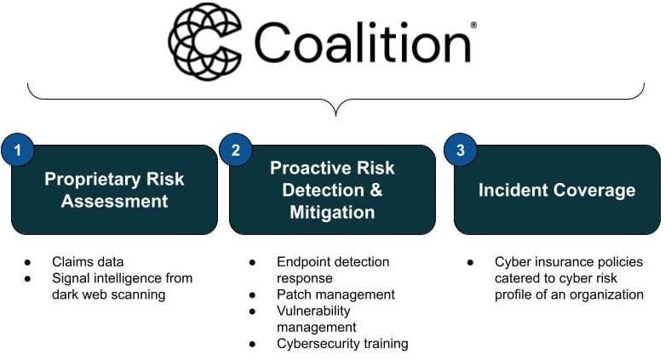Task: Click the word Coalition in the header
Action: click(363, 43)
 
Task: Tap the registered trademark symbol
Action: click(473, 25)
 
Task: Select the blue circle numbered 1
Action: click(17, 150)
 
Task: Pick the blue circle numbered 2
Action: click(236, 150)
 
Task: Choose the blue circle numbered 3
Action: click(461, 150)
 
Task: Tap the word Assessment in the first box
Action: click(114, 201)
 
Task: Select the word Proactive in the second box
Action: click(311, 168)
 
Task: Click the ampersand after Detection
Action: click(376, 190)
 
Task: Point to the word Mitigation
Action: click(332, 212)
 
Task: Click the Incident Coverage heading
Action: click(557, 190)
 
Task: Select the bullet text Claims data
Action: click(88, 261)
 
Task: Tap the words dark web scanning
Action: click(109, 294)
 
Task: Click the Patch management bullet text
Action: click(335, 294)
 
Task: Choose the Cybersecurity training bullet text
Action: click(342, 344)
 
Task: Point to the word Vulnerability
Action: click(313, 311)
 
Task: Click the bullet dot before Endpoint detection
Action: click(252, 262)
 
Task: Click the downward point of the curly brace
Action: click(335, 115)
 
